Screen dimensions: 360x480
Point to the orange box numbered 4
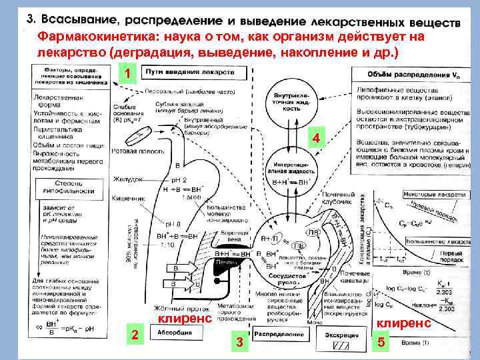click(x=317, y=139)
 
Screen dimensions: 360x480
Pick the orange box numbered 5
click(x=381, y=343)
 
